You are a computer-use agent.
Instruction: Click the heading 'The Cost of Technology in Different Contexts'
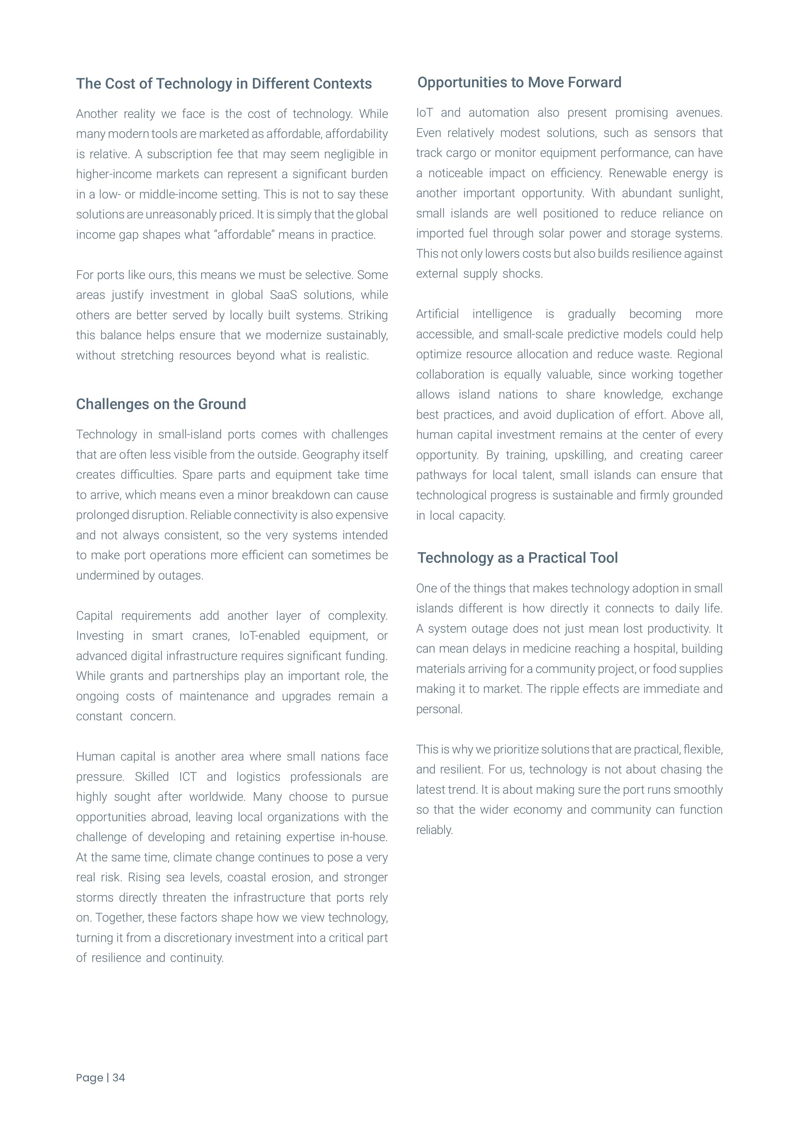224,84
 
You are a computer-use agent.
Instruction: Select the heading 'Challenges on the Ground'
161,404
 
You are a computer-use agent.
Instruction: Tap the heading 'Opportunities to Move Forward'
519,82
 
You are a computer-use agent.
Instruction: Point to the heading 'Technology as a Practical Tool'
518,558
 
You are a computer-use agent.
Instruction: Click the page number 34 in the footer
119,1078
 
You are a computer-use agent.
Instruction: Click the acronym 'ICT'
187,777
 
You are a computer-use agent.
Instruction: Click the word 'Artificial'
437,314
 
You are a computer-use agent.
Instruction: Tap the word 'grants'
127,676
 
